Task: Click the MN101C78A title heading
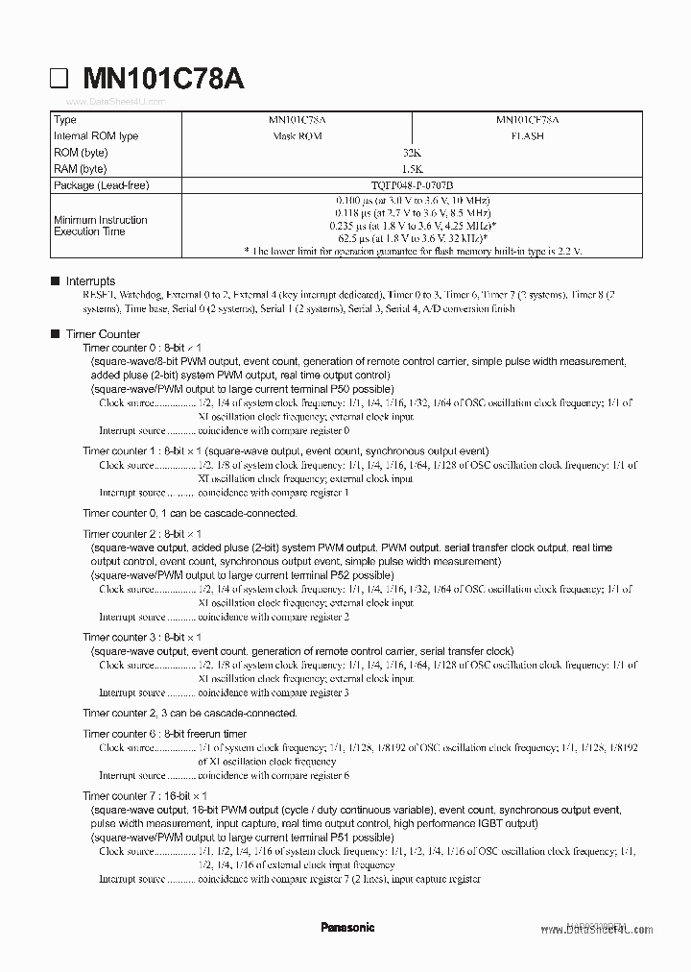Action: point(163,80)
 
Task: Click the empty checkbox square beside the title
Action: point(60,81)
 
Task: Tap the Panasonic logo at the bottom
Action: point(347,928)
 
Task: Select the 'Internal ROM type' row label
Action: point(96,136)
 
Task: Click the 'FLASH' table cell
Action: point(527,136)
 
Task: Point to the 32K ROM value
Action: point(413,153)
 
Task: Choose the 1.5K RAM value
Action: point(413,169)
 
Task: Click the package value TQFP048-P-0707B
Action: point(413,184)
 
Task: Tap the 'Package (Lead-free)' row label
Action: point(102,184)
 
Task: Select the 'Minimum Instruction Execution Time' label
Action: point(101,226)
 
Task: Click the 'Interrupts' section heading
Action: point(90,281)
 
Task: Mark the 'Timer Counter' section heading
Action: point(103,334)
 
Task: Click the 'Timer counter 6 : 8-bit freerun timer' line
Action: point(165,734)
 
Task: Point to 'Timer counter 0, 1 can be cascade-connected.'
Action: point(190,513)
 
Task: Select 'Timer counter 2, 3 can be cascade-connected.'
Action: point(190,714)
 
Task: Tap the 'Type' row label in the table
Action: point(65,120)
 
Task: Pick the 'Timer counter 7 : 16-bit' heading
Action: point(145,796)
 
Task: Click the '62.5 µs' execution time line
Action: point(413,237)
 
